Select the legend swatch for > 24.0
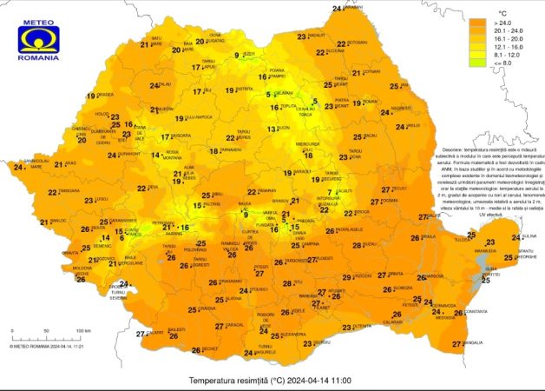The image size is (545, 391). [476, 25]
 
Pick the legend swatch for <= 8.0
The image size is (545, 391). [476, 87]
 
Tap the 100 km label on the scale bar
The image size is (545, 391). [83, 331]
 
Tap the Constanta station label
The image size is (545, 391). [476, 312]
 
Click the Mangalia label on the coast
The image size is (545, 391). [472, 343]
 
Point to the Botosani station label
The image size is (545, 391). [356, 42]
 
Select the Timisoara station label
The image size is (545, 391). [68, 191]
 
